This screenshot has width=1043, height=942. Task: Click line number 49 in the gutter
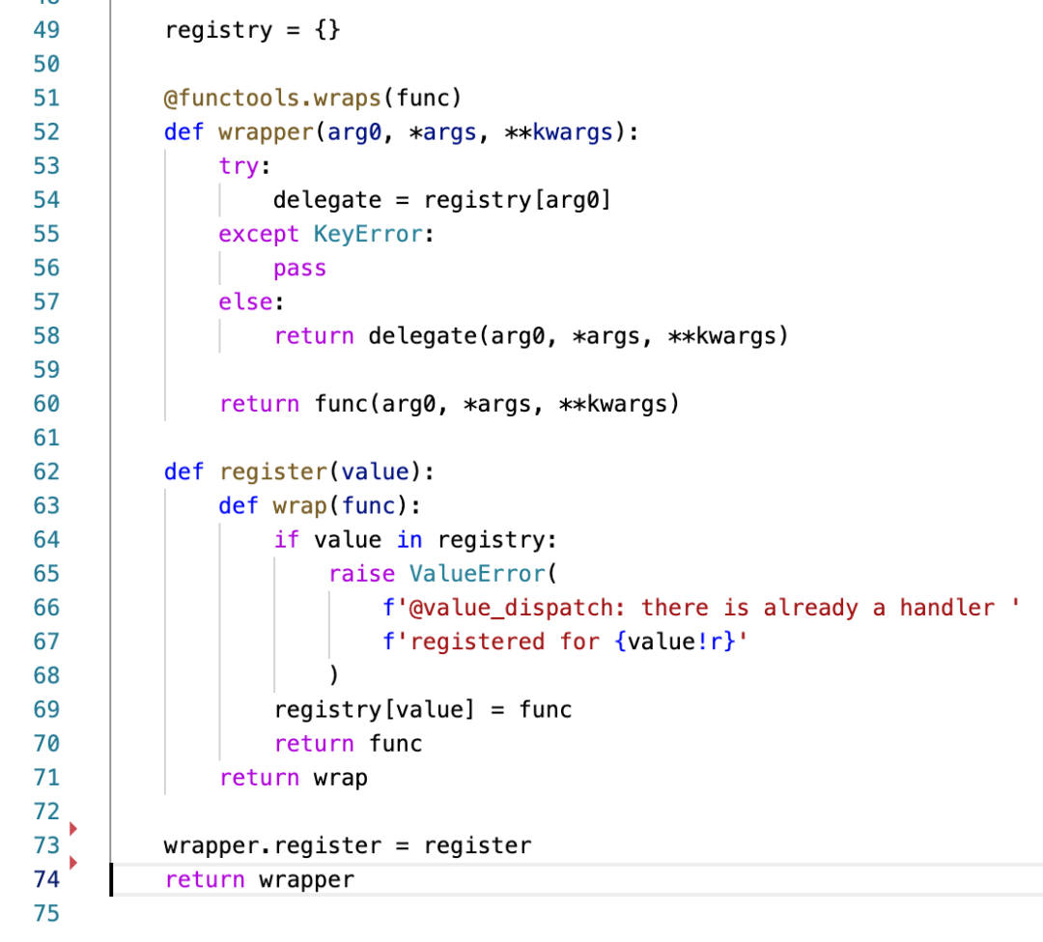click(x=46, y=30)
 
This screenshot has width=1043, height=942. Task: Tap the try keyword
click(x=239, y=166)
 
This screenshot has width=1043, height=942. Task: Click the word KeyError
click(x=368, y=235)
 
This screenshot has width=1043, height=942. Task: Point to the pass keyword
click(x=299, y=269)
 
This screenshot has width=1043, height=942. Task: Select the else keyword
click(x=245, y=302)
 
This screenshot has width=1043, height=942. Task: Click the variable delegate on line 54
click(x=327, y=200)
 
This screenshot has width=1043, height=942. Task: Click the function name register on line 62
click(x=273, y=472)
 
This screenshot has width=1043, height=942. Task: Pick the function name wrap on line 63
click(x=299, y=506)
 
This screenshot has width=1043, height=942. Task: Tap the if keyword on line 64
click(x=287, y=540)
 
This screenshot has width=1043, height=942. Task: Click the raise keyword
click(x=361, y=574)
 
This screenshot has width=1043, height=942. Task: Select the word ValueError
click(x=477, y=574)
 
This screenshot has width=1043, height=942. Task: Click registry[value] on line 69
click(x=375, y=710)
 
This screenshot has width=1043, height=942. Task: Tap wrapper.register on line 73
click(x=273, y=846)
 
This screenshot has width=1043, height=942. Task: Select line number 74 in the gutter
click(x=46, y=880)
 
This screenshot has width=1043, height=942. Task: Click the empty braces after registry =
click(x=327, y=30)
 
